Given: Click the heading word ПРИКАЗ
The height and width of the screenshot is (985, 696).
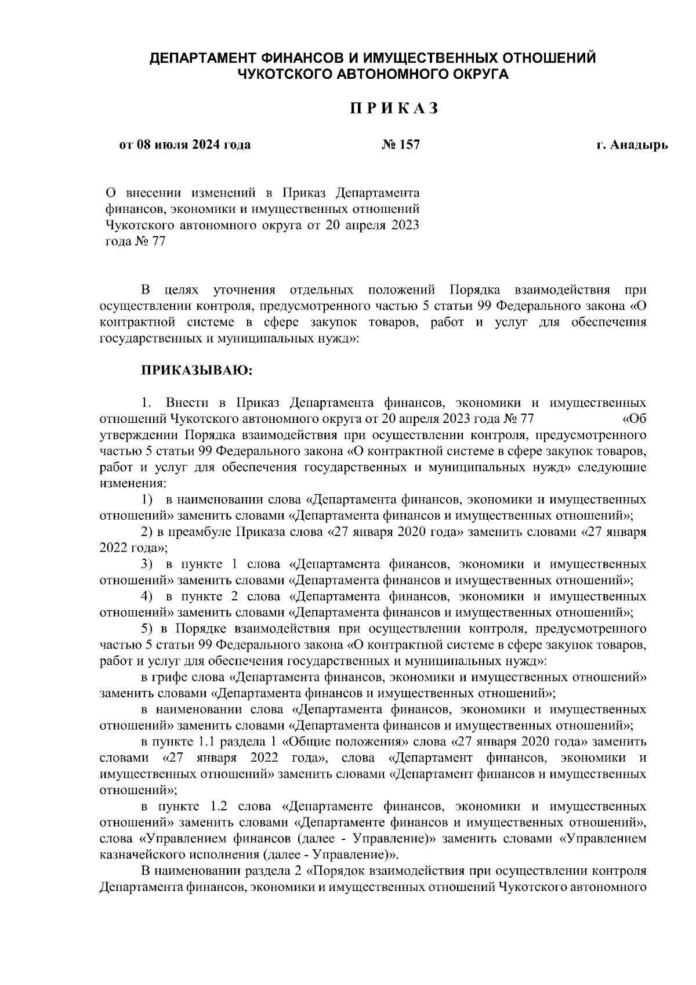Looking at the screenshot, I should coord(393,108).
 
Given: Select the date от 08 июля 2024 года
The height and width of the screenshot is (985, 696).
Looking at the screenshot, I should coord(185,144).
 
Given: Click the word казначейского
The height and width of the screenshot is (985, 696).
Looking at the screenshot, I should coord(140,855).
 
